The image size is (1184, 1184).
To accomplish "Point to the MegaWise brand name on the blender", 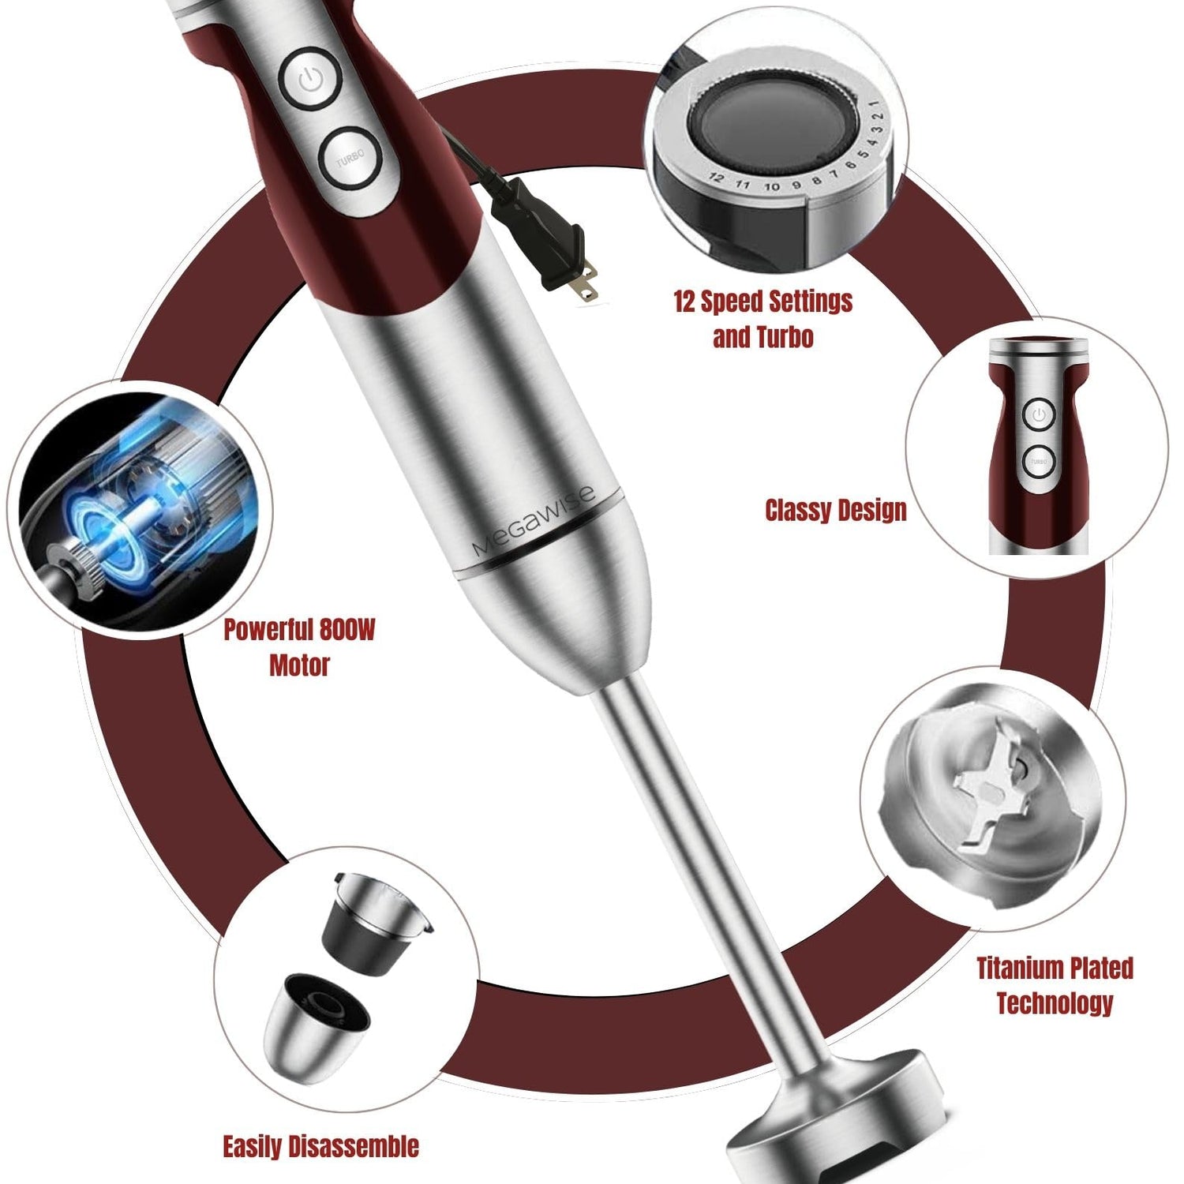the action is (x=534, y=522).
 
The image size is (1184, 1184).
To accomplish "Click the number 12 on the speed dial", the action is (x=716, y=178).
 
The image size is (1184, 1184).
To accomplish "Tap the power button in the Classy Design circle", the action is (x=1039, y=414).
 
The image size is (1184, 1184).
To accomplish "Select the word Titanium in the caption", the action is (x=1021, y=968).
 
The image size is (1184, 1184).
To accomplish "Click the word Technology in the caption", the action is (x=1055, y=1003).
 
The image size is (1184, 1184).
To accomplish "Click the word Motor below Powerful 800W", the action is (x=299, y=665).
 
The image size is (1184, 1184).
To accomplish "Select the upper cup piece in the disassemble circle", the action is (x=375, y=923).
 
